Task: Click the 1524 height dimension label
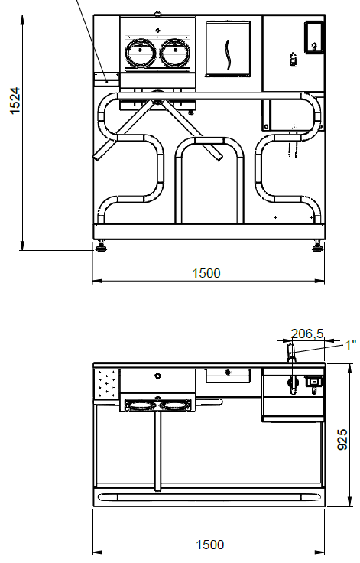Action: click(15, 101)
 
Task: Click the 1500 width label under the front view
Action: click(206, 273)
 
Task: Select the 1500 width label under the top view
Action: click(210, 545)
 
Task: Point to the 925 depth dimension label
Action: click(342, 439)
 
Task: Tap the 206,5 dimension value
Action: click(307, 334)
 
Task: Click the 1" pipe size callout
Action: click(350, 345)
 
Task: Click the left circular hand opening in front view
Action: click(141, 53)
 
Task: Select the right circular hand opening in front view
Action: click(174, 53)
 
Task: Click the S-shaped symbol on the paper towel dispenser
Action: click(228, 54)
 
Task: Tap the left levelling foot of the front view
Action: click(100, 246)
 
